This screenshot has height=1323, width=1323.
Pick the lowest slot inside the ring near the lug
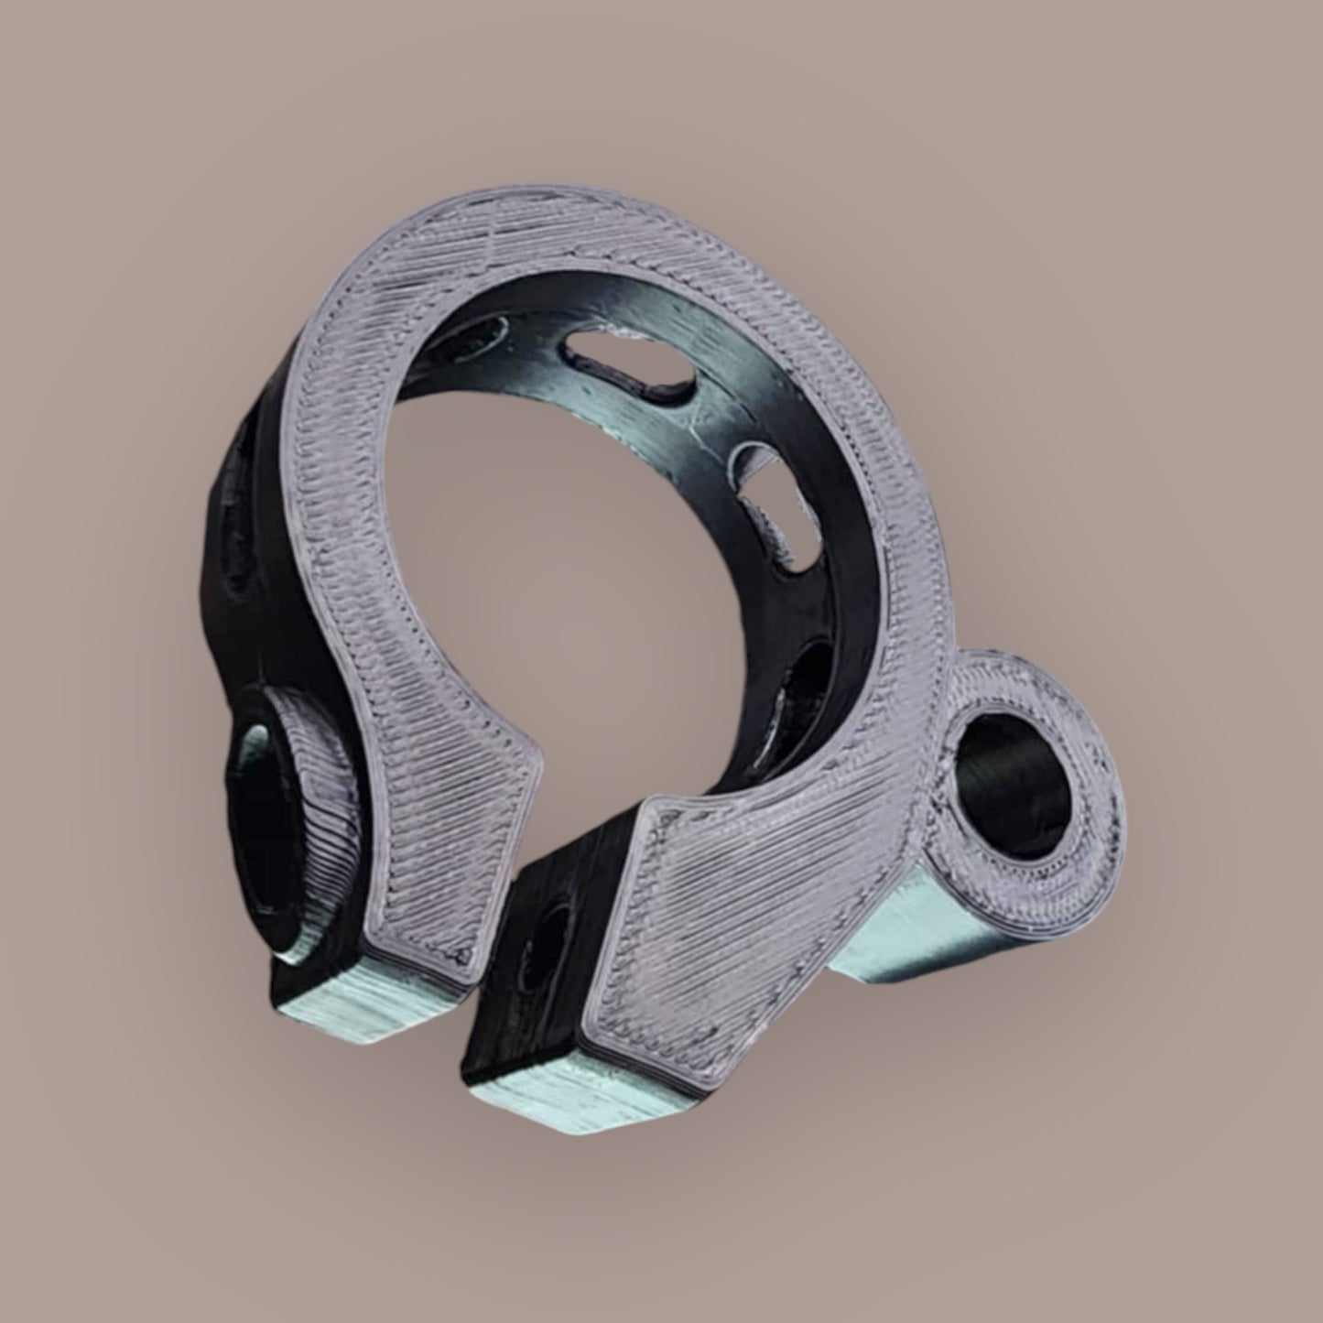pos(806,696)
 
